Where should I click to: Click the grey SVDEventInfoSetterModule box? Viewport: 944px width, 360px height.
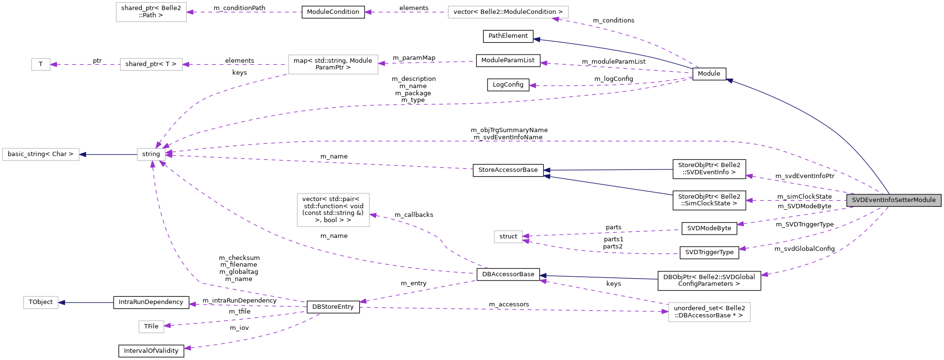click(x=894, y=200)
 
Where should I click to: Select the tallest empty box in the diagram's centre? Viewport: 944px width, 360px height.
click(x=333, y=210)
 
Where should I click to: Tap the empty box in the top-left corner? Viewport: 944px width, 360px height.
click(x=151, y=12)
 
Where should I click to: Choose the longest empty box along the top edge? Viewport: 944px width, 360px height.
click(x=508, y=12)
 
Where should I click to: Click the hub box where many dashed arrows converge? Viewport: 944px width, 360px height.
click(x=151, y=154)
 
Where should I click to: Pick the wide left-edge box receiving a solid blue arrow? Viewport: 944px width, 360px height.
click(x=41, y=154)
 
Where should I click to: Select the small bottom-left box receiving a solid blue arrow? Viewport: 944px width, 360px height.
click(x=41, y=303)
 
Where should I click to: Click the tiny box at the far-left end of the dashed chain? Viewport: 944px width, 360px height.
click(x=41, y=64)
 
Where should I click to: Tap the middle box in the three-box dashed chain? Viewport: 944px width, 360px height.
click(x=151, y=64)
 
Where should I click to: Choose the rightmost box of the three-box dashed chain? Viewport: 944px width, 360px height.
click(x=333, y=65)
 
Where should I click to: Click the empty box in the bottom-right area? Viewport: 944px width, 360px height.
click(x=709, y=312)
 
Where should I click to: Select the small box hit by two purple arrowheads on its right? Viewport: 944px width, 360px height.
click(x=508, y=236)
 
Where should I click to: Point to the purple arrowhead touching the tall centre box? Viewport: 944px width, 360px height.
click(x=373, y=215)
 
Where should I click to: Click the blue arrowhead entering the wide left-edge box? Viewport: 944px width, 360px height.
click(x=83, y=154)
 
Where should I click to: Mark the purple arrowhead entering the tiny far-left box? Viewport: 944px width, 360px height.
click(x=54, y=64)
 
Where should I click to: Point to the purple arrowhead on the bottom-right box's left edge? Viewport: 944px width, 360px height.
click(x=665, y=311)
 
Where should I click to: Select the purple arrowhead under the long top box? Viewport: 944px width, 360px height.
click(x=556, y=19)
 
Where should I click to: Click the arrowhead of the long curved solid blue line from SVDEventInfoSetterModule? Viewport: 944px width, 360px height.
click(x=729, y=80)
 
